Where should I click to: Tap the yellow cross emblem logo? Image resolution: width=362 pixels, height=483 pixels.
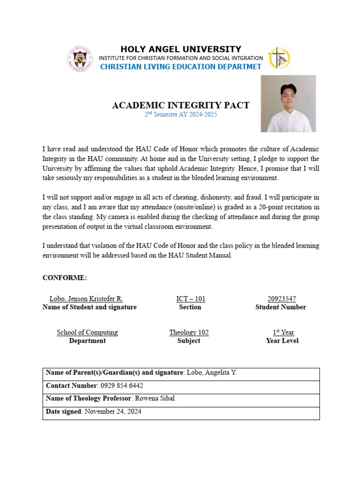pyautogui.click(x=279, y=58)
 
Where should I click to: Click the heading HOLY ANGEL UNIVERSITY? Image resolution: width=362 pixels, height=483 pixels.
pyautogui.click(x=181, y=49)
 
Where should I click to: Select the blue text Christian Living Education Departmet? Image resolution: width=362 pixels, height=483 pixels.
pyautogui.click(x=181, y=67)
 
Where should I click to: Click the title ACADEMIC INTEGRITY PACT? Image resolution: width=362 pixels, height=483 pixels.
pyautogui.click(x=181, y=105)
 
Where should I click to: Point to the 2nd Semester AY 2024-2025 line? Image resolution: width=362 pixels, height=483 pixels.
pyautogui.click(x=181, y=115)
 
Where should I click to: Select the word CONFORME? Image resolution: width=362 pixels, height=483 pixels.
pyautogui.click(x=65, y=278)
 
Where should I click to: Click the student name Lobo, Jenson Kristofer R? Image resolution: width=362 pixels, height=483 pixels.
pyautogui.click(x=86, y=299)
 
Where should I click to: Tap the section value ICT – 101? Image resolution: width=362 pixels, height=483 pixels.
pyautogui.click(x=190, y=299)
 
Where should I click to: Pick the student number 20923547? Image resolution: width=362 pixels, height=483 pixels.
pyautogui.click(x=281, y=299)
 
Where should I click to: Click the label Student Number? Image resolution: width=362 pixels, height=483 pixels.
pyautogui.click(x=280, y=307)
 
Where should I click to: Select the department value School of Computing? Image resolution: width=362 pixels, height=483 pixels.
pyautogui.click(x=87, y=333)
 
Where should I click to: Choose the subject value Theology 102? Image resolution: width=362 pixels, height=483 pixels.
pyautogui.click(x=189, y=333)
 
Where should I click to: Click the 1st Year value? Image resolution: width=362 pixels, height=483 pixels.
pyautogui.click(x=282, y=333)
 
